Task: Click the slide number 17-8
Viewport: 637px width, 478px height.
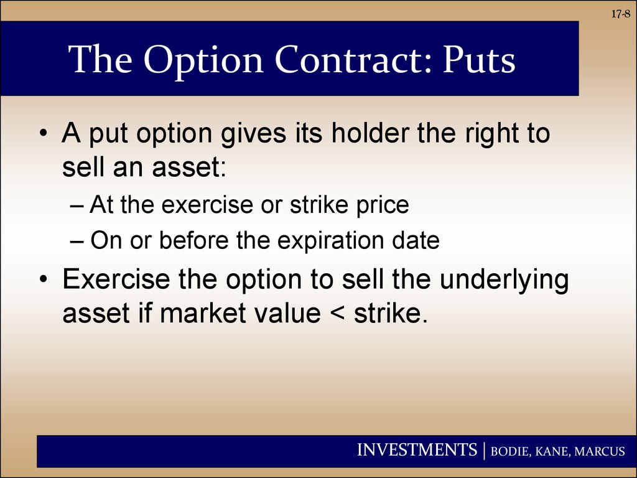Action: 621,14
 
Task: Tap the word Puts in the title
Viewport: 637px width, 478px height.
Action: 479,60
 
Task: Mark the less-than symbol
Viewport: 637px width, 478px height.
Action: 337,314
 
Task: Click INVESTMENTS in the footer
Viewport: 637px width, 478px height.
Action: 417,450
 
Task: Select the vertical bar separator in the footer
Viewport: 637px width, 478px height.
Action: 484,451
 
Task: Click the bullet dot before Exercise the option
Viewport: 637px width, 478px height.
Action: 44,279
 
